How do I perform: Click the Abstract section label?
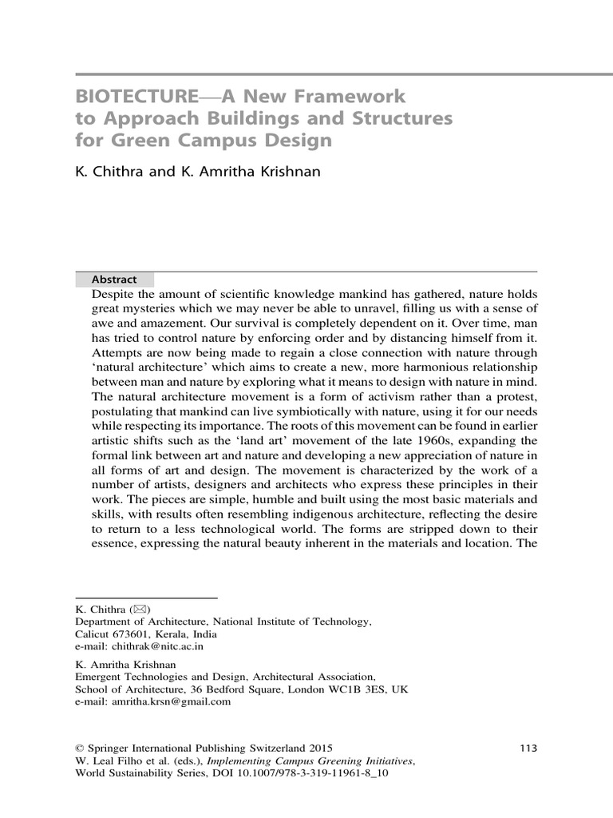click(114, 280)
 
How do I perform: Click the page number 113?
click(528, 748)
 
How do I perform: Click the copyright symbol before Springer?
click(79, 748)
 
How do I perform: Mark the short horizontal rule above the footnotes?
click(146, 597)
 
